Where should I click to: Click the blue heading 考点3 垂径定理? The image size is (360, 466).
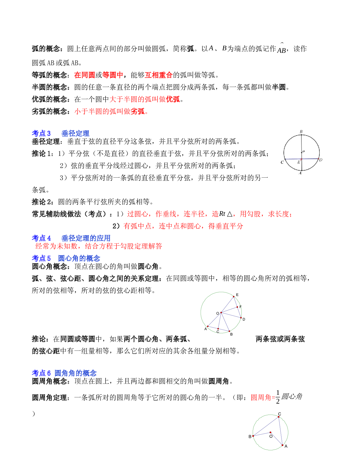point(60,133)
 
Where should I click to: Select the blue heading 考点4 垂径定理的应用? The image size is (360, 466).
point(71,238)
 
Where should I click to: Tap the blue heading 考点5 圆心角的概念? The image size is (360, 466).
point(66,258)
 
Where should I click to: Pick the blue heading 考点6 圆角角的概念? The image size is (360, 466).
point(64,373)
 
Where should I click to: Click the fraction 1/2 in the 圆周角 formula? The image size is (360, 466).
point(278,397)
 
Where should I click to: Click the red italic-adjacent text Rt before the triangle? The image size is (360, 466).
point(222,214)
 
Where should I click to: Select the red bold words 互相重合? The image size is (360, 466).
point(159,75)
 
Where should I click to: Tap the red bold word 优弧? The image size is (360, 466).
point(173,99)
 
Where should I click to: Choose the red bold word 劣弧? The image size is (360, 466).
point(138,111)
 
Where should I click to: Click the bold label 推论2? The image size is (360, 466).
point(42,202)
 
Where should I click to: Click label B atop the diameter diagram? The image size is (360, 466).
point(301,132)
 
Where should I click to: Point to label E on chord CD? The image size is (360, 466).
point(298,162)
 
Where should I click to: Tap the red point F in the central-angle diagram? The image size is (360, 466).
point(237,307)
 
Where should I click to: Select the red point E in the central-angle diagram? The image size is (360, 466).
point(234,297)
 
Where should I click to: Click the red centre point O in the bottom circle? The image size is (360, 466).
point(270,432)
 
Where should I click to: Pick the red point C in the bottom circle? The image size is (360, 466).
point(279,417)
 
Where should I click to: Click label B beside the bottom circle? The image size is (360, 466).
point(250,437)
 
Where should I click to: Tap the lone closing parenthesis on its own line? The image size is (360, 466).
point(33,414)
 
